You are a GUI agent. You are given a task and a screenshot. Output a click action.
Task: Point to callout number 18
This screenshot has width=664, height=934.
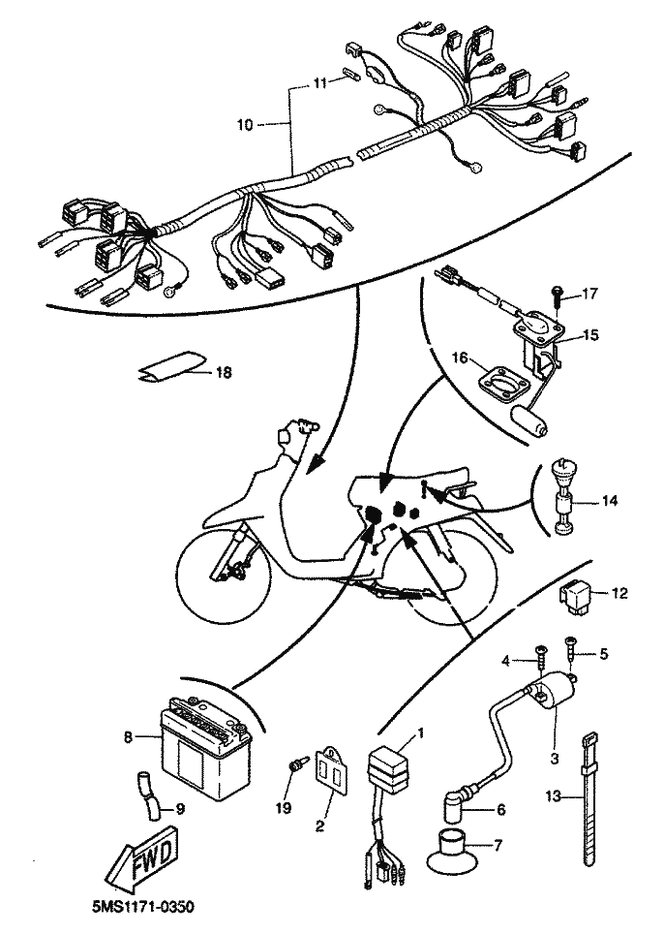224,373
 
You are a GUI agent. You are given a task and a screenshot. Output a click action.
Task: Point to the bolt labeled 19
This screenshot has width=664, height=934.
296,763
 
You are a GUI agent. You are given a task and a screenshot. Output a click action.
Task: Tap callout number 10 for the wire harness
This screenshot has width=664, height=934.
245,125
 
